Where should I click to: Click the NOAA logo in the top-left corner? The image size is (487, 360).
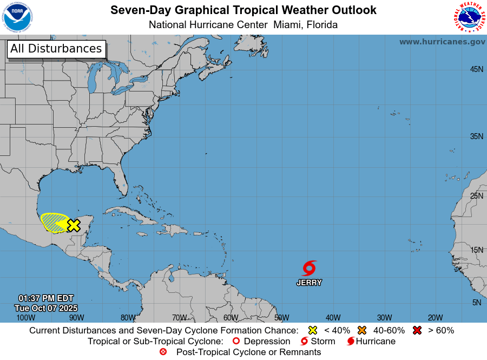tap(17, 17)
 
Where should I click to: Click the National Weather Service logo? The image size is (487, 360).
tap(468, 17)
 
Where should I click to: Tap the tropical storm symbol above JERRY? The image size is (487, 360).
tap(310, 268)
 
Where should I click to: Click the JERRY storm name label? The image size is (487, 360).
tap(309, 283)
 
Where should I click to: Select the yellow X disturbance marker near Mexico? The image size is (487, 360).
tap(74, 225)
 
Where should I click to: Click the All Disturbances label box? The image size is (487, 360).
tap(56, 49)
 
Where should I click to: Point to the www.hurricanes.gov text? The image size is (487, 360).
tap(442, 42)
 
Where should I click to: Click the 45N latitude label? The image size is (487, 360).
tap(476, 69)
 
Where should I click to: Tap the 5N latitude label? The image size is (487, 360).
tap(476, 303)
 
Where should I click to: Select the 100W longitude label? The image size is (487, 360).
tap(25, 318)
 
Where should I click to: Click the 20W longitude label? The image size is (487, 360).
tap(435, 318)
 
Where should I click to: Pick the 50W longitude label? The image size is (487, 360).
tap(281, 318)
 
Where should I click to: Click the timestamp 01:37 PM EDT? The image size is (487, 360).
tap(46, 298)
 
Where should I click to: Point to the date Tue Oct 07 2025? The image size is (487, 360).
tap(46, 308)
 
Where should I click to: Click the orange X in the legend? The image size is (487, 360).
tap(362, 330)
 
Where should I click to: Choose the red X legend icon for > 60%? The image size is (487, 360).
tap(417, 330)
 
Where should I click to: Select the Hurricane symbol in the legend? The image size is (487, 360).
tap(351, 341)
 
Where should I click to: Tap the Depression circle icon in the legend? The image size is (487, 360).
tap(235, 341)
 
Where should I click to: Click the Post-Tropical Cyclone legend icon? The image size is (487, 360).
tap(163, 352)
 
